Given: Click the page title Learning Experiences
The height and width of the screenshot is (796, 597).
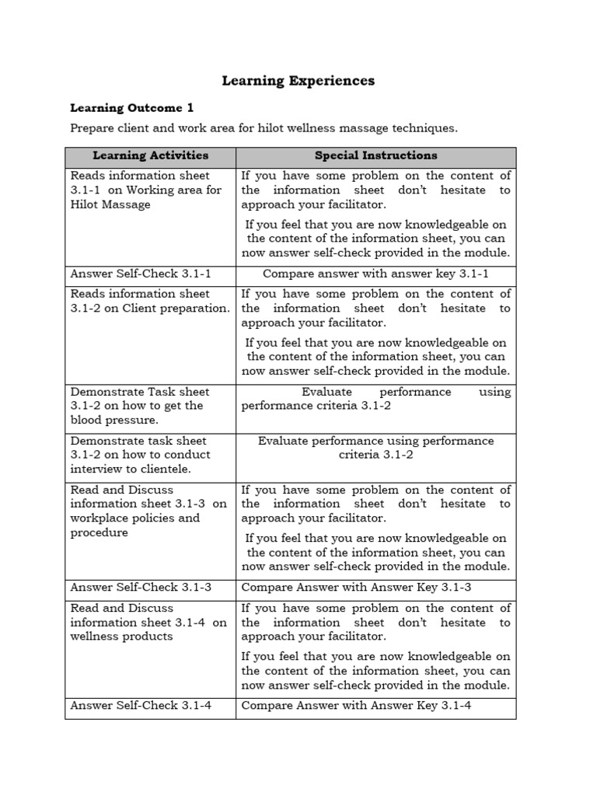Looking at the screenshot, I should [x=298, y=81].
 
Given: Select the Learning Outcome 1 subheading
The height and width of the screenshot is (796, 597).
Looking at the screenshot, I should [x=131, y=108].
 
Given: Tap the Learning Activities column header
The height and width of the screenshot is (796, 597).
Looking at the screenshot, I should [x=150, y=155].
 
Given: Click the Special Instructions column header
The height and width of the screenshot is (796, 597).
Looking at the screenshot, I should [x=375, y=155].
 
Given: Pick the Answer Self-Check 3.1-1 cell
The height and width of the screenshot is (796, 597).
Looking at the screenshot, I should [x=141, y=274].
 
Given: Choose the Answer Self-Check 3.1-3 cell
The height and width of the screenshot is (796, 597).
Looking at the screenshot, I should [x=141, y=588].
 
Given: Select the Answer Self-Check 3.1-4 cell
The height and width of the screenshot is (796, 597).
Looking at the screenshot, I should [x=141, y=706].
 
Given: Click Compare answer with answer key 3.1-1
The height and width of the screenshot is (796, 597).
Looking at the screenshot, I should [x=375, y=274].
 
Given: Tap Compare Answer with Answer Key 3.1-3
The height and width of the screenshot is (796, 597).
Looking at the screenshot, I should [x=357, y=588].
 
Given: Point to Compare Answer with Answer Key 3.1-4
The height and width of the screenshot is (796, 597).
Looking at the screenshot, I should [x=357, y=706].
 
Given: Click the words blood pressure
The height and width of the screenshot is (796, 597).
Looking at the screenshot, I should [x=114, y=420].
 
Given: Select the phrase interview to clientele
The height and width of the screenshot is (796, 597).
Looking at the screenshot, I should [x=131, y=469].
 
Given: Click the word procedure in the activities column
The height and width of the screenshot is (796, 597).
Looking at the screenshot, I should [x=99, y=533].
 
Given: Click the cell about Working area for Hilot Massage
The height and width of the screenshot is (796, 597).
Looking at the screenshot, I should [x=146, y=190].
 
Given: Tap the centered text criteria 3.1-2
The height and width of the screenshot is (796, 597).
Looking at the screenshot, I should [x=375, y=455].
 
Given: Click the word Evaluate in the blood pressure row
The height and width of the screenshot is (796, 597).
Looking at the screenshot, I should [x=326, y=392].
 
